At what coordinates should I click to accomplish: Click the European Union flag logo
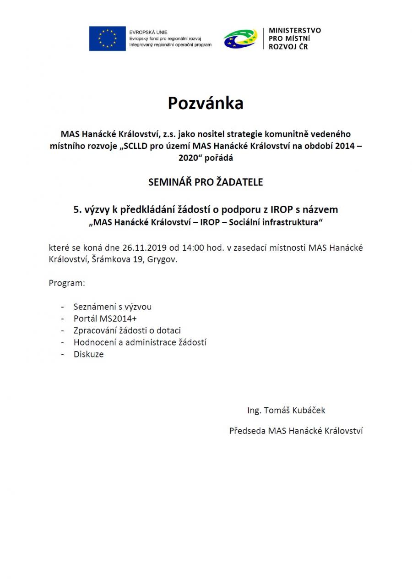point(107,38)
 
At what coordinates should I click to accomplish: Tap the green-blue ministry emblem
point(240,38)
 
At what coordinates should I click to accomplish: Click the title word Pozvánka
point(206,104)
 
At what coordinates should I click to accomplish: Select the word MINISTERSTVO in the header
point(295,31)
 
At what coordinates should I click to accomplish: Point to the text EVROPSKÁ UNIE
point(148,33)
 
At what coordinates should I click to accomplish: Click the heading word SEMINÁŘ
point(168,182)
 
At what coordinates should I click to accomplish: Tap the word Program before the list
point(66,283)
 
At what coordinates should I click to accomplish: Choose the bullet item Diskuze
point(88,354)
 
